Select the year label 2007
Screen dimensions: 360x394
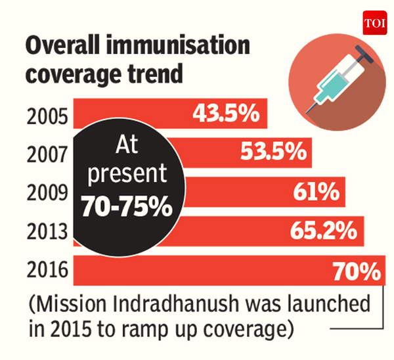[47, 154]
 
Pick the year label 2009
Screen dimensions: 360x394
[47, 193]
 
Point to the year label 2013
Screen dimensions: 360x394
[47, 232]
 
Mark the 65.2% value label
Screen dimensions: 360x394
[323, 231]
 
